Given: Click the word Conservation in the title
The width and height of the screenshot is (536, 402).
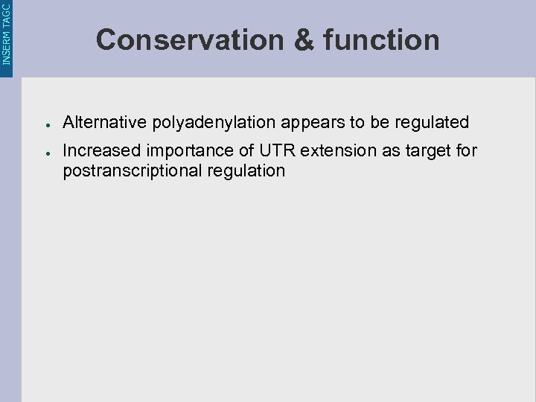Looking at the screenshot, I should pyautogui.click(x=189, y=39).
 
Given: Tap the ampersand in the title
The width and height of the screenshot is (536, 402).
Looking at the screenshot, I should pyautogui.click(x=304, y=39).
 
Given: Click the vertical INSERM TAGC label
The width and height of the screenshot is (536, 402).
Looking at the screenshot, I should pyautogui.click(x=7, y=33).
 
